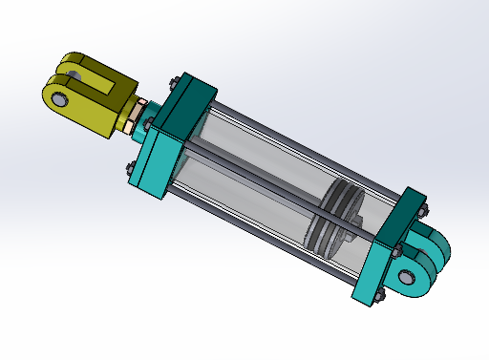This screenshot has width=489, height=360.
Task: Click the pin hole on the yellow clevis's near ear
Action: [x=59, y=99]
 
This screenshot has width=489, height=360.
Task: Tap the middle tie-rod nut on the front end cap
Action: [x=150, y=126]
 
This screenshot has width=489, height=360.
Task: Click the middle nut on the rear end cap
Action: [x=393, y=252]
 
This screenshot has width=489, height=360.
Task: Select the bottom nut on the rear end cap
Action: [x=378, y=294]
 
